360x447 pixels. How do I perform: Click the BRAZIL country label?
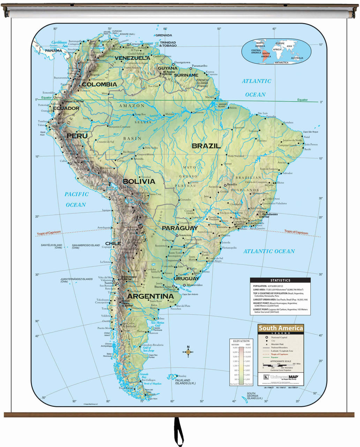pos(206,146)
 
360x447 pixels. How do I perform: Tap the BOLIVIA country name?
pos(139,182)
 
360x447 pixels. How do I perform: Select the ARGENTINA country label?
pos(151,296)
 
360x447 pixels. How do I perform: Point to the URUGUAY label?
pos(186,278)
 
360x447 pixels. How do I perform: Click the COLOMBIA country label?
pos(99,85)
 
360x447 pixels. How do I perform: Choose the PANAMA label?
pos(53,51)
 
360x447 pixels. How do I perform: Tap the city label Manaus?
pos(170,114)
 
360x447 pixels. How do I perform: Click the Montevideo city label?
pos(195,285)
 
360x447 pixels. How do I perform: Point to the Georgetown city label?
pos(182,63)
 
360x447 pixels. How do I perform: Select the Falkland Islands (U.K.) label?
pos(182,382)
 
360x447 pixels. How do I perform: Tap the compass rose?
pos(188,352)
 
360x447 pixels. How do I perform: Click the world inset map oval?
pos(272,51)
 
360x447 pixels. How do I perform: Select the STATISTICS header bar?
pos(280,280)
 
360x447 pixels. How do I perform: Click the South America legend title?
pos(281,328)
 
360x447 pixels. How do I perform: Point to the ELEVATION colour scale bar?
pos(241,365)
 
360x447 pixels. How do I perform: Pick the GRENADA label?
pos(164,35)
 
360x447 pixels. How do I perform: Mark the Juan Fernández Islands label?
pos(76,280)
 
